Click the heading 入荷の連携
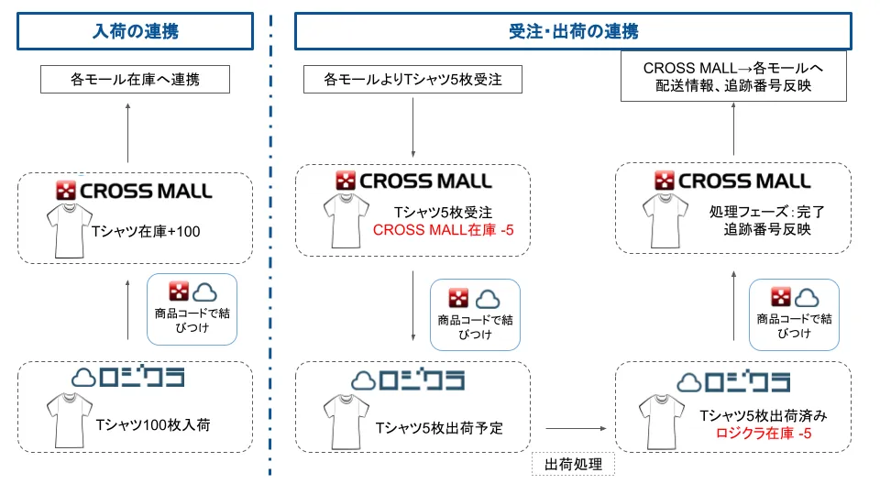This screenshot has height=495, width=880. (135, 32)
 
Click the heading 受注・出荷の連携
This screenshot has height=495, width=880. (573, 32)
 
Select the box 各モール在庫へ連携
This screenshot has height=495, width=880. (135, 80)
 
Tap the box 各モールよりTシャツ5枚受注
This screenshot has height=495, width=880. (412, 80)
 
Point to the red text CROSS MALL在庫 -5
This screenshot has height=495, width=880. (444, 228)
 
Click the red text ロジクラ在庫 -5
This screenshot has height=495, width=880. (764, 433)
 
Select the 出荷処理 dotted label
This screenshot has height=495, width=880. (573, 465)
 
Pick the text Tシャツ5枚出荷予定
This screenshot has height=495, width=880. (439, 427)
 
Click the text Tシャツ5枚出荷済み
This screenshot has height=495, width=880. (764, 415)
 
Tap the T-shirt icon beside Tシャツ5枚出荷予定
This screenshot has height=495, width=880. (344, 423)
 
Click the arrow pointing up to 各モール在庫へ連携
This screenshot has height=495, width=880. (127, 134)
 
